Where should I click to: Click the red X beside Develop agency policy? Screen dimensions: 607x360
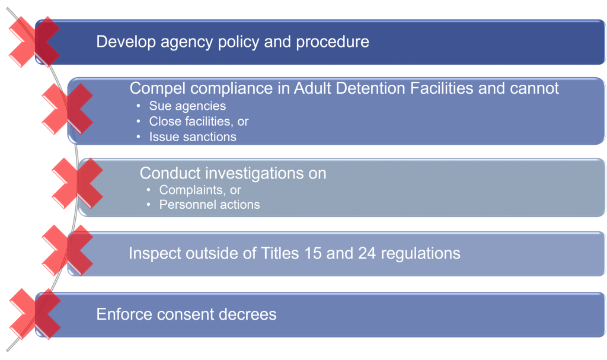tap(34, 42)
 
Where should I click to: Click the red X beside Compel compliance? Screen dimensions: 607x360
tap(68, 109)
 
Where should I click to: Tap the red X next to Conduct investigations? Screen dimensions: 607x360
tap(78, 183)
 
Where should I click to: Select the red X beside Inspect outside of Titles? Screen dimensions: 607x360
tap(68, 250)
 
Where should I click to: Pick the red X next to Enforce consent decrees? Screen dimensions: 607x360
tap(35, 314)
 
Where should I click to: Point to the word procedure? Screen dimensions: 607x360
tap(333, 42)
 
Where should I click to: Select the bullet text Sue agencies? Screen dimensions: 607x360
tap(187, 106)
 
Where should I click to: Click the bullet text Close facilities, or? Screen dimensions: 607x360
tap(199, 122)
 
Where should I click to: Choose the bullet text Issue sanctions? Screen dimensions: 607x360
tap(193, 137)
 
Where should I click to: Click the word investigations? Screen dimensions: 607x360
tap(254, 173)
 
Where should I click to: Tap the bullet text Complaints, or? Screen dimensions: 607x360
tap(200, 190)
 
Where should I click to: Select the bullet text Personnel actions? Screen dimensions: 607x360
tap(209, 205)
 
